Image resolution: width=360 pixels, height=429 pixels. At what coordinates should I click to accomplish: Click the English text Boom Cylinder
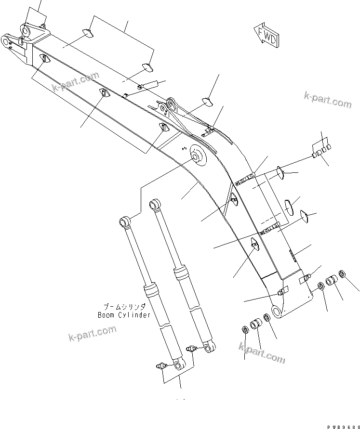(123, 315)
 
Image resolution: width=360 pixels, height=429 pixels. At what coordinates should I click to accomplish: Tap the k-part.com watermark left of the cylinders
(93, 332)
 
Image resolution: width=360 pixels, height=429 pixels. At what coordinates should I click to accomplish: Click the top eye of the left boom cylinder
(124, 221)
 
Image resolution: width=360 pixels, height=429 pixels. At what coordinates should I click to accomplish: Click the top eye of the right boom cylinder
(155, 204)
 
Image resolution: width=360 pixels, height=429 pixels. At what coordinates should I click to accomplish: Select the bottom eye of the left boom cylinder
(179, 366)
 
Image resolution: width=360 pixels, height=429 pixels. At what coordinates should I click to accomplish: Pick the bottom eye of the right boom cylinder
(209, 348)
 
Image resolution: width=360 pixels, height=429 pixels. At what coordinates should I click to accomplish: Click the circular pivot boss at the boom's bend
(197, 156)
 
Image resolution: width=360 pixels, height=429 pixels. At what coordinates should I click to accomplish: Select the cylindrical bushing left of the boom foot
(256, 325)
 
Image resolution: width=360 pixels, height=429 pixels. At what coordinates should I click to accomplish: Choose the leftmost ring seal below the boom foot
(244, 330)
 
